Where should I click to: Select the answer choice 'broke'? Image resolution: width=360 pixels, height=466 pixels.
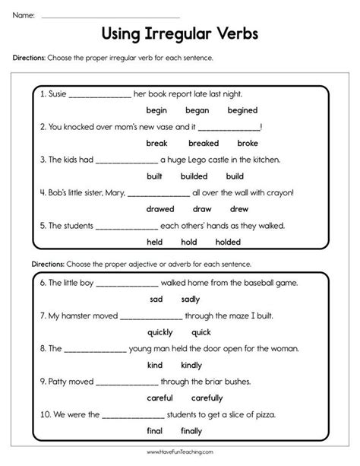tap(248, 143)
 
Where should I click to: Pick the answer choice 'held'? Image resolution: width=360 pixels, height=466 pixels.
tap(155, 242)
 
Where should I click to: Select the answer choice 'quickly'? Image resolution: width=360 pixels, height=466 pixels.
tap(161, 332)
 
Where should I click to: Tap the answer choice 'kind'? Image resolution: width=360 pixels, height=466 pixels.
tap(154, 365)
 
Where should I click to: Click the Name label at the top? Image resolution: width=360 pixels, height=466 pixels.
tap(24, 14)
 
